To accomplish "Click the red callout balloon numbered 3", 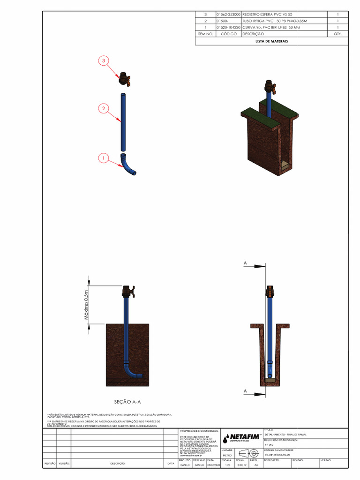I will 104,60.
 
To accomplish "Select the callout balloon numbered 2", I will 104,109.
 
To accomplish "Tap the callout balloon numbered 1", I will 104,158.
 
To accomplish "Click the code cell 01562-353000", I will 228,15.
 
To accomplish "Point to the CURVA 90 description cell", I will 270,28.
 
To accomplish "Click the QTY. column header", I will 338,34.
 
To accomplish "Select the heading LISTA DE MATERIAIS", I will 271,41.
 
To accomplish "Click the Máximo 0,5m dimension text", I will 86,305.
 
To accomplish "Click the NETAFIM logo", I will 242,438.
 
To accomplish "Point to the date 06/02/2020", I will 213,465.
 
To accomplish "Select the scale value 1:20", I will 228,465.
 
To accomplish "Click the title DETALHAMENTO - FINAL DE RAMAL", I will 285,435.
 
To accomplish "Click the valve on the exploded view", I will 124,79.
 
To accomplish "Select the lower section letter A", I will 245,390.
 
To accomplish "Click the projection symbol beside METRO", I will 248,453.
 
